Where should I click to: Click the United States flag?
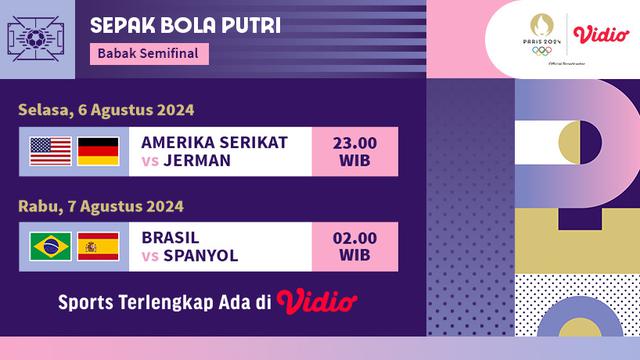50,151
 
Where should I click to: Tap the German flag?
98,151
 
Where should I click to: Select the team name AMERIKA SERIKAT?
214,142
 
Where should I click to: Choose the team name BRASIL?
170,238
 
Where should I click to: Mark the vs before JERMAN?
151,161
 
